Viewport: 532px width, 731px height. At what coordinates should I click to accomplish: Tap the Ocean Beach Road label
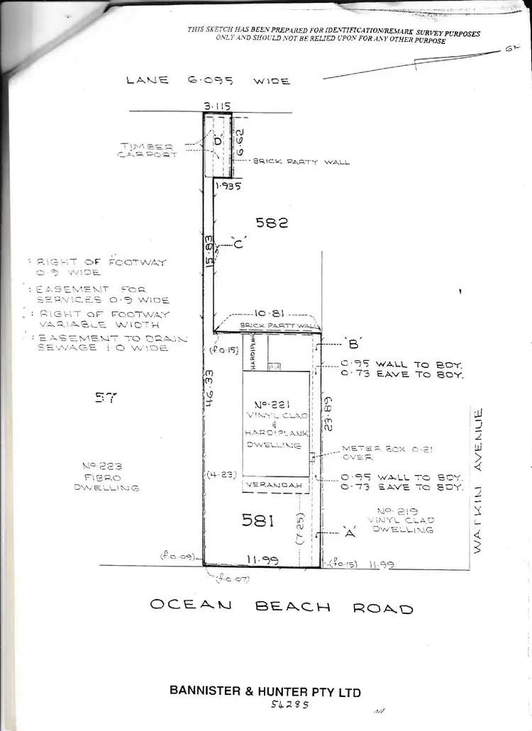281,606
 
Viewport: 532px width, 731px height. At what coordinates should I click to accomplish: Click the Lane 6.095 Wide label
208,81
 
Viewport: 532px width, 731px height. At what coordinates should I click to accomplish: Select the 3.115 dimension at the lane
217,106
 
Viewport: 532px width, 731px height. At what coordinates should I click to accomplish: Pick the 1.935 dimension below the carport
228,186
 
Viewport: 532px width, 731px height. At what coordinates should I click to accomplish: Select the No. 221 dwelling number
275,406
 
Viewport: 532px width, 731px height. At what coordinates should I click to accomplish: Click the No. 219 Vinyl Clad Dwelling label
405,520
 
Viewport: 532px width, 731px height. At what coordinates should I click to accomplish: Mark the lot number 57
104,398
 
